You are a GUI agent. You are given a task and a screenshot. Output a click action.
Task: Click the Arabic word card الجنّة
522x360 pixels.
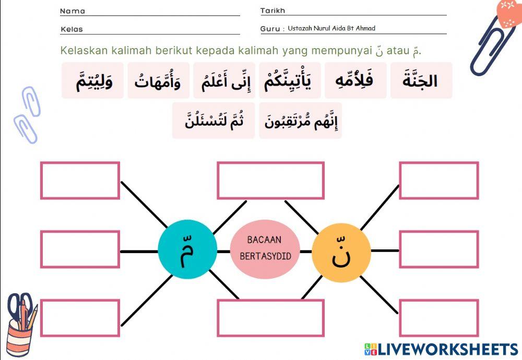click(421, 81)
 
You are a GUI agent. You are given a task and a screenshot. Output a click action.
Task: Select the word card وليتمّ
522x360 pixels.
click(93, 81)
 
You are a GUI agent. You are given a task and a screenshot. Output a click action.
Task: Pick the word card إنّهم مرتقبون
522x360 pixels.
click(301, 121)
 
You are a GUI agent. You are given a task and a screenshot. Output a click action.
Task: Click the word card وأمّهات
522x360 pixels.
click(158, 81)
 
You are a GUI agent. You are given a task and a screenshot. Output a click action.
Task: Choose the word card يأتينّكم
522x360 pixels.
click(290, 81)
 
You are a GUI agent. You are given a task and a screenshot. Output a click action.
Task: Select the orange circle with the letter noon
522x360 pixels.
click(341, 253)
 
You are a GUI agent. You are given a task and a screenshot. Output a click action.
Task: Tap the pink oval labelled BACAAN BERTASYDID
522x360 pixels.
click(265, 248)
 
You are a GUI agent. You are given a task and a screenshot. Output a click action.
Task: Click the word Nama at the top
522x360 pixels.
click(73, 11)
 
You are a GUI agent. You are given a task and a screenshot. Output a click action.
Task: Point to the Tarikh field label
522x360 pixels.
click(272, 11)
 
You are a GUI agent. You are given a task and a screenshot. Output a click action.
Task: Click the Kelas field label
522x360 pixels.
click(72, 29)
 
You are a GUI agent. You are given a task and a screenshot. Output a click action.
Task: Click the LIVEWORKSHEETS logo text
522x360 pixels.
click(447, 349)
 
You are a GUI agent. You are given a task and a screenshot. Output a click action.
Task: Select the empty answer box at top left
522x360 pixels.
click(80, 181)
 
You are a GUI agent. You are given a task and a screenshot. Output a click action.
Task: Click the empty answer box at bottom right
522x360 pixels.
click(438, 318)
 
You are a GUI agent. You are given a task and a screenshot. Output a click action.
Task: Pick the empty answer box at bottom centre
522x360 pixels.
click(270, 318)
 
